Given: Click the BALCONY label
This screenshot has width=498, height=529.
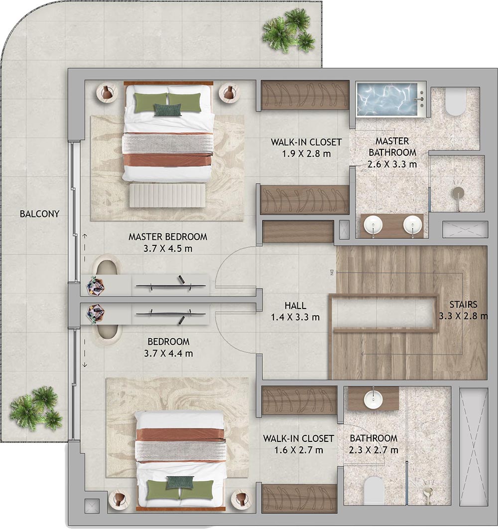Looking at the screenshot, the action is [39, 214].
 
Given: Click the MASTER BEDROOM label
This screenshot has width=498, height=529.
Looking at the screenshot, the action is [168, 237].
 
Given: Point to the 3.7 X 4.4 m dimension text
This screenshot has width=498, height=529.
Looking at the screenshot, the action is [168, 353].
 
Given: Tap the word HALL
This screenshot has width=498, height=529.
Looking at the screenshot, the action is [295, 306].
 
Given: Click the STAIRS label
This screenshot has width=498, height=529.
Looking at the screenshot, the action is [463, 305].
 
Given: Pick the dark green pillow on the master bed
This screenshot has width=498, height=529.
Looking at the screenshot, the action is [167, 109].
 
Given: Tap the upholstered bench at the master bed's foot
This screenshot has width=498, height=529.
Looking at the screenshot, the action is [167, 195].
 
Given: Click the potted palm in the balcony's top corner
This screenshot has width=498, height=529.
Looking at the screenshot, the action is [289, 30].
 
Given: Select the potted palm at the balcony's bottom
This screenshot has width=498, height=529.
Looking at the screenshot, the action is [36, 409].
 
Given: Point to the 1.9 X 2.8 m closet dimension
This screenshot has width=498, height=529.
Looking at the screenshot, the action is [307, 154].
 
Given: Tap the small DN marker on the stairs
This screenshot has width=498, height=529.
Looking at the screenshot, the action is [332, 272].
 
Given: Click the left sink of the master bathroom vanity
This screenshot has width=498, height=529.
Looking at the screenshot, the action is [373, 225].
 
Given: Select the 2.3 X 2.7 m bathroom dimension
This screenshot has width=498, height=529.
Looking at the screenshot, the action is [374, 450].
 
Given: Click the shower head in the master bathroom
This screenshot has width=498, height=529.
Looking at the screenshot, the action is [458, 193].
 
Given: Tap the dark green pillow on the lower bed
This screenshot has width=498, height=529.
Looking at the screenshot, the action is [180, 482].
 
